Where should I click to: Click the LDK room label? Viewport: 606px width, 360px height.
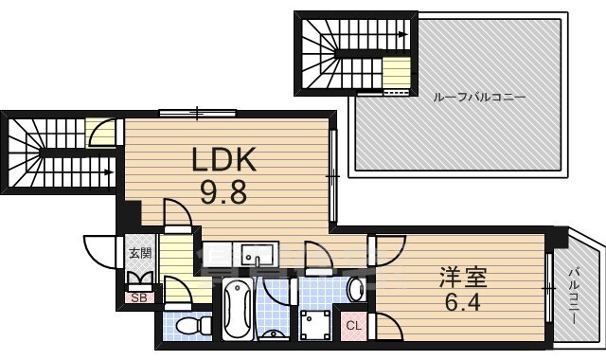tap(225, 159)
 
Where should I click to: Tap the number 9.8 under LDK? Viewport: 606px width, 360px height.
tap(223, 193)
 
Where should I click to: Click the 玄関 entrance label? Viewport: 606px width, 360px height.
tap(140, 255)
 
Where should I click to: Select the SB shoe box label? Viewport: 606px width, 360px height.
tap(139, 298)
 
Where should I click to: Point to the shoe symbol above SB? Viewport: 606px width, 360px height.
tap(139, 279)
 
